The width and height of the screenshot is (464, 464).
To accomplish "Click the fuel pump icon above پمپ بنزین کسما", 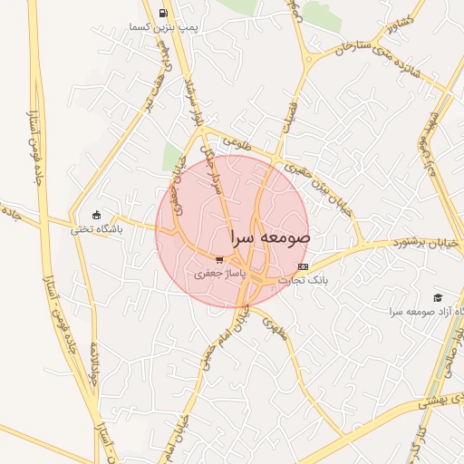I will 162,13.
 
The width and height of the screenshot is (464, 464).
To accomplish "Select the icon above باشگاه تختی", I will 97,216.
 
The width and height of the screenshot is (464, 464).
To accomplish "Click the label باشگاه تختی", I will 97,230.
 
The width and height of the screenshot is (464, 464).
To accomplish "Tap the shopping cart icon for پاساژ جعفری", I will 219,258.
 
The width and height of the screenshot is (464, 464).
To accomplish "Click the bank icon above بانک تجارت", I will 303,266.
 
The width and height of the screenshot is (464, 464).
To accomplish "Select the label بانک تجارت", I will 303,280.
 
